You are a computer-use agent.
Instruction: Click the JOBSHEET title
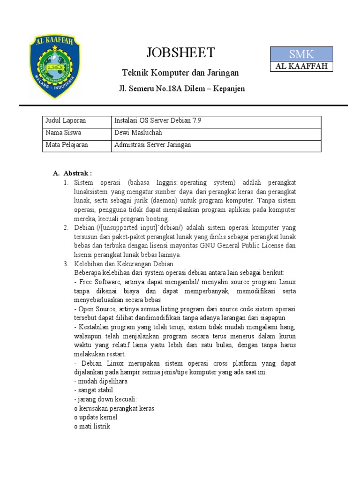pyautogui.click(x=180, y=52)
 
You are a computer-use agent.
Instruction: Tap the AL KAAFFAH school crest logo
pyautogui.click(x=55, y=66)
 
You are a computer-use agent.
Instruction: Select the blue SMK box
pyautogui.click(x=301, y=54)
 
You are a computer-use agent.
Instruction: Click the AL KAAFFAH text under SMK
pyautogui.click(x=301, y=66)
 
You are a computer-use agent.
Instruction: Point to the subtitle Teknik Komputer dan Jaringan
pyautogui.click(x=180, y=73)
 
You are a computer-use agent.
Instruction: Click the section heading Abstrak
pyautogui.click(x=76, y=173)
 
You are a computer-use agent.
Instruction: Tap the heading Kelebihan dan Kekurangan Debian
pyautogui.click(x=124, y=264)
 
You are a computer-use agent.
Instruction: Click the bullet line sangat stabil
pyautogui.click(x=93, y=390)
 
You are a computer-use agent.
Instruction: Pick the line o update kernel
pyautogui.click(x=95, y=417)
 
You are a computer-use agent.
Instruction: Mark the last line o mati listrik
pyautogui.click(x=92, y=426)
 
